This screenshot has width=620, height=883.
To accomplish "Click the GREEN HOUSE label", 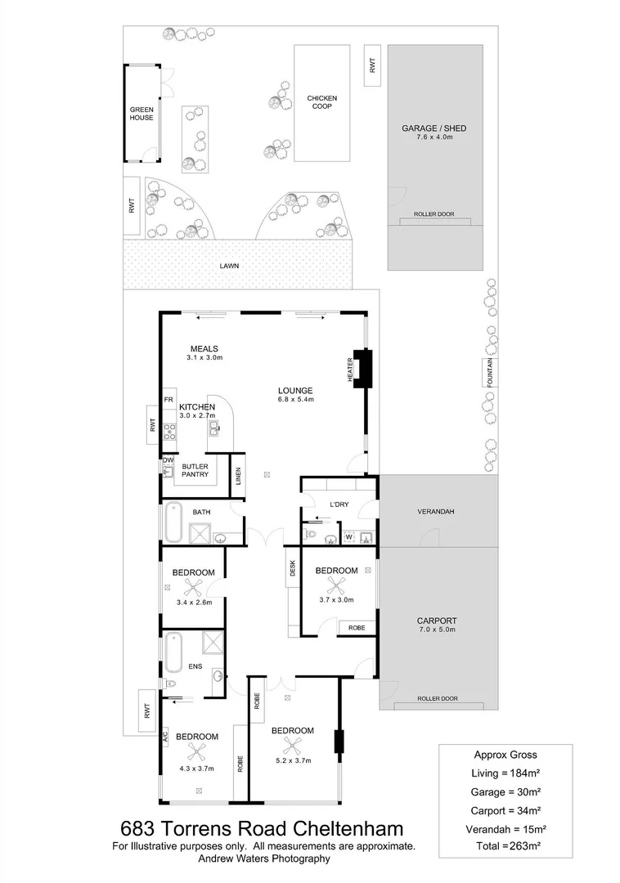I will point(141,113).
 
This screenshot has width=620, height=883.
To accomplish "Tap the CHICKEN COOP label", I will point(321,102).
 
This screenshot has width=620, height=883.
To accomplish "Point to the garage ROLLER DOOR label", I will point(434,214).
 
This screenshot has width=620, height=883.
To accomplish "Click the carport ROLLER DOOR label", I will point(437,699).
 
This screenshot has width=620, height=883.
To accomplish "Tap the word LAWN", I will point(229,266).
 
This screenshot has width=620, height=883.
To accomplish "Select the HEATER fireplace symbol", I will point(361,367).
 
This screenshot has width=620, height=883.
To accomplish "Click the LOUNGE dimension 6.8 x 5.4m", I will point(295,400).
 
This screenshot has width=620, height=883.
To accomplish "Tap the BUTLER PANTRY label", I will point(195,469).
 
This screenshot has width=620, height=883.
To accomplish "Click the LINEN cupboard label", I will point(238,475).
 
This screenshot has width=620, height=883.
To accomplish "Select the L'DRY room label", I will point(339,504).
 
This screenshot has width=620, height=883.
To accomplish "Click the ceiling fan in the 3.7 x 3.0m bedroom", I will point(335,585).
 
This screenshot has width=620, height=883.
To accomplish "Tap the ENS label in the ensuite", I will point(196,666).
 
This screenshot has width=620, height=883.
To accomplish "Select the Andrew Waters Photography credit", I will point(263,858).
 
